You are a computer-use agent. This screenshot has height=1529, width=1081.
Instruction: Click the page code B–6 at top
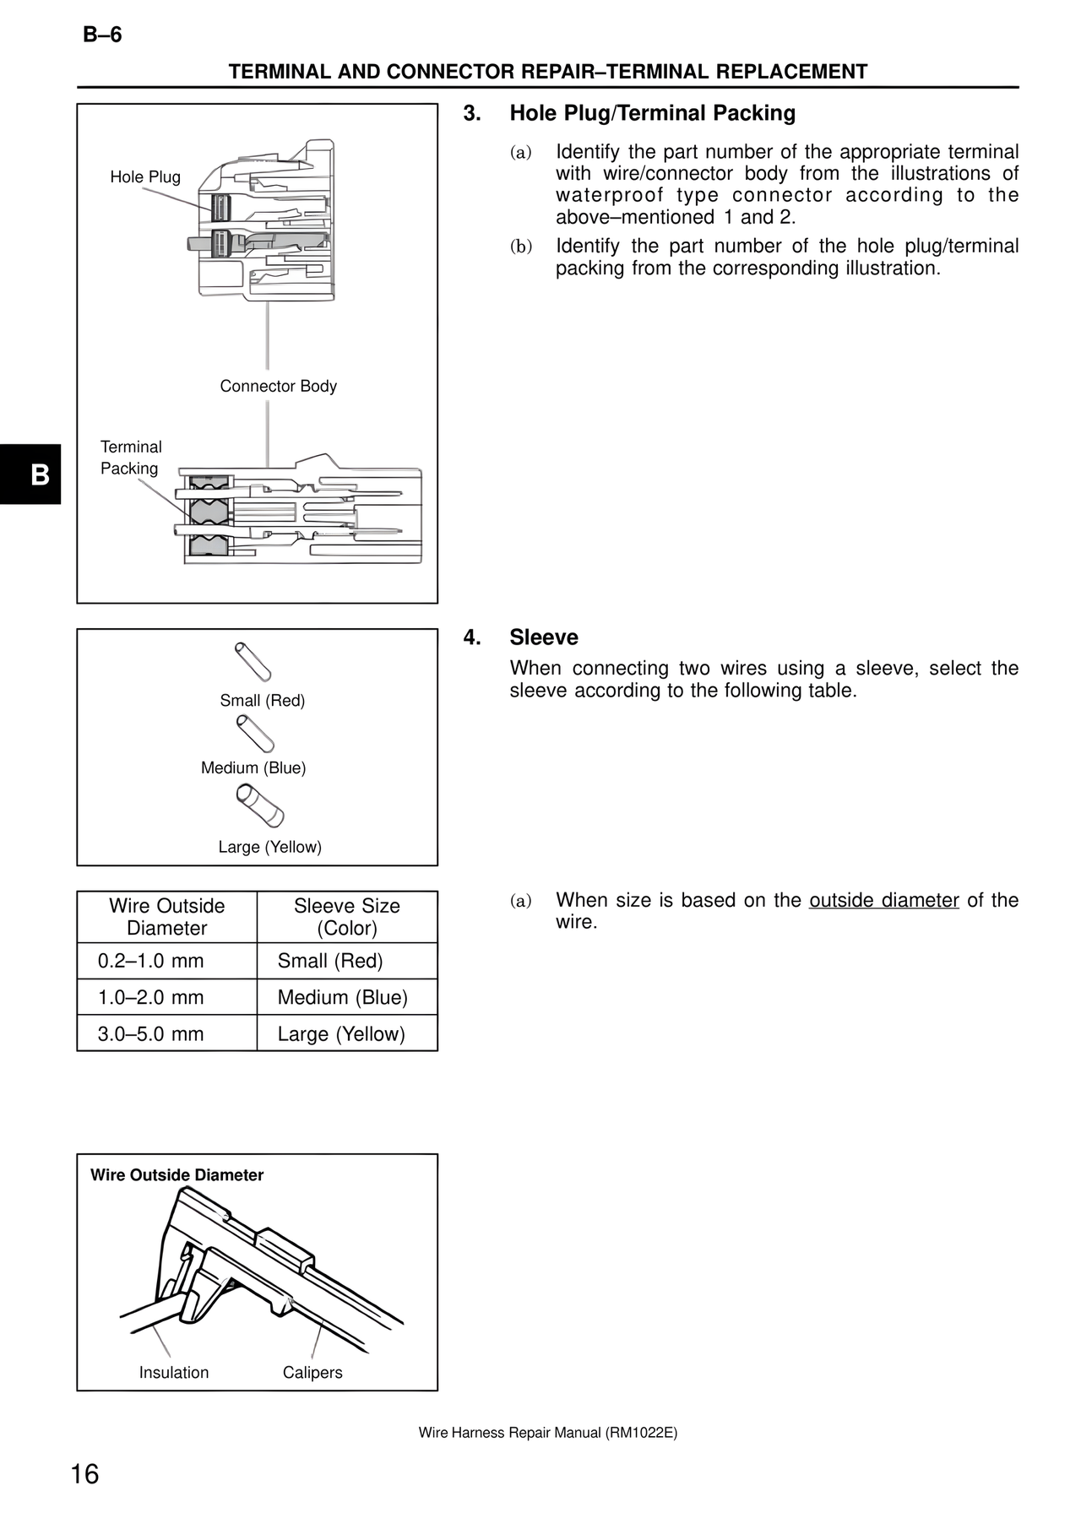(x=102, y=35)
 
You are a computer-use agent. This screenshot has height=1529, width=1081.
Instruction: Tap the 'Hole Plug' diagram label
(x=145, y=177)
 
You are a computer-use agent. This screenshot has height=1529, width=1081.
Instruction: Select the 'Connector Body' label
(x=278, y=387)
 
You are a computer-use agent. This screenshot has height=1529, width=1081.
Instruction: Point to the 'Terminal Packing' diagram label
(x=130, y=458)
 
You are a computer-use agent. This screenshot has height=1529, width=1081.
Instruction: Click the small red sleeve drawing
(x=253, y=662)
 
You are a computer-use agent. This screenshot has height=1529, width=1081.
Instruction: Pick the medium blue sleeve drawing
(x=255, y=734)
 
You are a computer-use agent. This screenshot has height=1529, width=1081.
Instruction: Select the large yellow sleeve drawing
(x=260, y=805)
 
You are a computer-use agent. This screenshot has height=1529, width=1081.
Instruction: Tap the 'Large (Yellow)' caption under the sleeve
(x=269, y=847)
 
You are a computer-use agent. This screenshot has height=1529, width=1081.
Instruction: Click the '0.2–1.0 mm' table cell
(x=151, y=961)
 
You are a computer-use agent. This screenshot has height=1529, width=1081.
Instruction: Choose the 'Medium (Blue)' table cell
(x=343, y=998)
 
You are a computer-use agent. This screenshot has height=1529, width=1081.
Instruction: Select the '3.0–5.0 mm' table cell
(x=151, y=1034)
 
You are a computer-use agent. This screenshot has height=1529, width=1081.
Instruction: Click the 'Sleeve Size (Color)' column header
(x=347, y=917)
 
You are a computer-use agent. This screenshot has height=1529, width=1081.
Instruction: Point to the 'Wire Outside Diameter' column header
(x=167, y=917)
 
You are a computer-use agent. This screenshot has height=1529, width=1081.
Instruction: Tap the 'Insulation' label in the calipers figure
(x=174, y=1373)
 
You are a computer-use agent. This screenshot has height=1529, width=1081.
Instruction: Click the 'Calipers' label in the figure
(x=312, y=1373)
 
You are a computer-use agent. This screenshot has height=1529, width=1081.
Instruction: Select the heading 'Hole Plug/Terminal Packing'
(x=652, y=113)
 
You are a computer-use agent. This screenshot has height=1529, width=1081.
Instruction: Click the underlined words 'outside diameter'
(x=883, y=901)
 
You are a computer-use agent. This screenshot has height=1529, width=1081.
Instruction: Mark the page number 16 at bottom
(x=85, y=1474)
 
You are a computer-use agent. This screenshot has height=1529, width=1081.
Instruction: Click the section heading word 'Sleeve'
(x=544, y=637)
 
